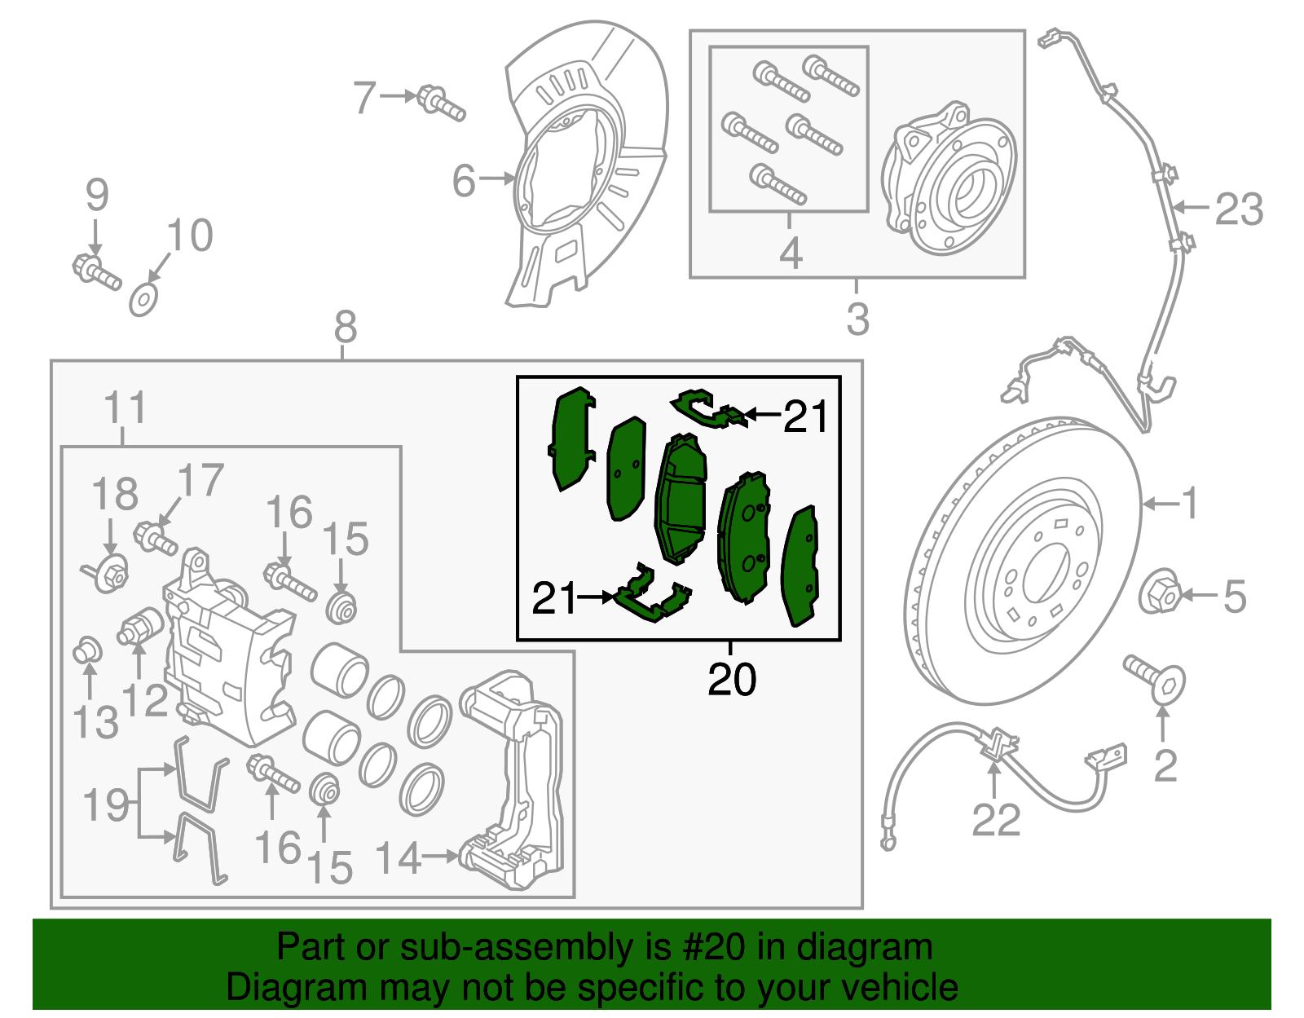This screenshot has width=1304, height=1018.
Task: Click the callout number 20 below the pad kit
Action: [x=732, y=679]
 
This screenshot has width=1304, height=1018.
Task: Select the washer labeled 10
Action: [x=143, y=300]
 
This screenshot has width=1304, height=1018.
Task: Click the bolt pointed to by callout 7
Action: [x=440, y=103]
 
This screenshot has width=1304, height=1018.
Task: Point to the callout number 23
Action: [x=1238, y=209]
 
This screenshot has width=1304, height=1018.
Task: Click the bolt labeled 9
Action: [x=96, y=271]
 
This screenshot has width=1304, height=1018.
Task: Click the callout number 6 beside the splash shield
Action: [x=464, y=180]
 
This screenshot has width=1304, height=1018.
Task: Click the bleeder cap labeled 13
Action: [x=87, y=652]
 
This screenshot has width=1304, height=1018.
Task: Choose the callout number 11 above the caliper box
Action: [x=126, y=407]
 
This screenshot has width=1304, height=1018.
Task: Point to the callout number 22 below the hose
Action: [x=996, y=819]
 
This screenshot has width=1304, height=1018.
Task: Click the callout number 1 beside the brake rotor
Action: [x=1190, y=503]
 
